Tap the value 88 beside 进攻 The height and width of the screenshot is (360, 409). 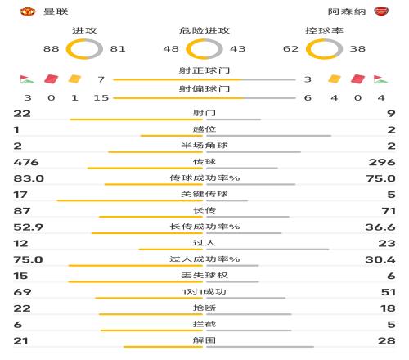tap(52, 49)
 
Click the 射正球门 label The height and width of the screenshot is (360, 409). tap(204, 71)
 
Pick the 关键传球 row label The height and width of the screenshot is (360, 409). tap(204, 194)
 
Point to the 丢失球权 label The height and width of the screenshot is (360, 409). tap(204, 275)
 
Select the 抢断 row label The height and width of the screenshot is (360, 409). tap(204, 308)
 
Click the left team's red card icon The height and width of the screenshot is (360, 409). tap(52, 80)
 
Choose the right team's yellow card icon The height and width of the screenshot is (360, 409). tap(334, 80)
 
